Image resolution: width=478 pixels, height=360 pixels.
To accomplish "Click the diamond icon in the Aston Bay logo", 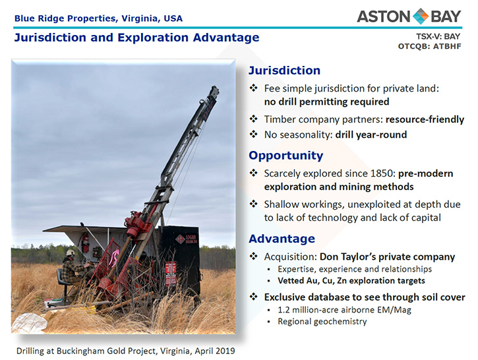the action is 421,16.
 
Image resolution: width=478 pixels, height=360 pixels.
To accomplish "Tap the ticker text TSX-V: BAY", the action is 438,36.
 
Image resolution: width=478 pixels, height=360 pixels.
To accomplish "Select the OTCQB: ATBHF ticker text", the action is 429,46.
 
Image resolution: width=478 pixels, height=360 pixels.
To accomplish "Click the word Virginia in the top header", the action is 140,18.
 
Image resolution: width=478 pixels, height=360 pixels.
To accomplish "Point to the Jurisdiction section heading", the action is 284,71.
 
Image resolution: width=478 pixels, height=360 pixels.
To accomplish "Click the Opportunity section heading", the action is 286,156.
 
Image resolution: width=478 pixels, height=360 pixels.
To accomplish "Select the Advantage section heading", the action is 282,239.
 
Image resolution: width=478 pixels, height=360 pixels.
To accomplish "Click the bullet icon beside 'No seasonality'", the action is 254,134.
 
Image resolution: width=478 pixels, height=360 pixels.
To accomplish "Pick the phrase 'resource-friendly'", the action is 425,119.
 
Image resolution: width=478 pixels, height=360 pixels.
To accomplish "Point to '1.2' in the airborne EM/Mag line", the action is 284,310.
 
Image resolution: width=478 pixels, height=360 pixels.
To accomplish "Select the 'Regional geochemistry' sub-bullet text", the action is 322,322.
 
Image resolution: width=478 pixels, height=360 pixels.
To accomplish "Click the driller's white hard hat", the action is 71,253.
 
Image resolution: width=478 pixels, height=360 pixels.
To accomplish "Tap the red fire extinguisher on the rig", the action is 86,243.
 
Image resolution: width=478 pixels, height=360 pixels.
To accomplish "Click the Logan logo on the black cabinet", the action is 186,239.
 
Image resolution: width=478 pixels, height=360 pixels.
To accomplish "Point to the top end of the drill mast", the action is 215,88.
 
